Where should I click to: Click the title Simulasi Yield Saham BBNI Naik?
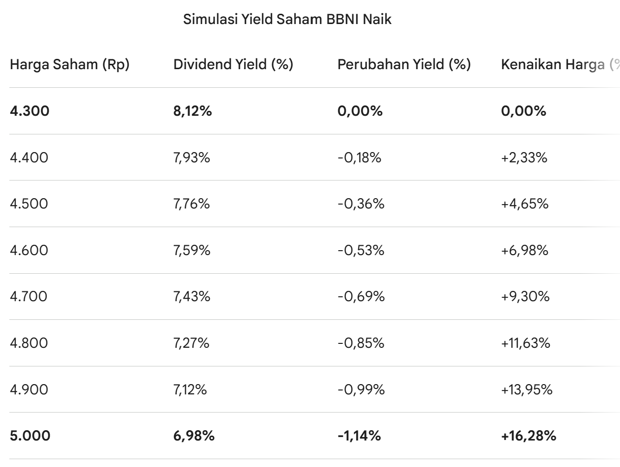(x=287, y=20)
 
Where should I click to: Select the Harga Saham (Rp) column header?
(x=70, y=65)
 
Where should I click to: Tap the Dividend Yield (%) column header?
(x=233, y=65)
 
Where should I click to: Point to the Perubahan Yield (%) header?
(x=404, y=65)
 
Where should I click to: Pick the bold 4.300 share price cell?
(x=29, y=111)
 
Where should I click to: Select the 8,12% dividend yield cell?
(x=193, y=111)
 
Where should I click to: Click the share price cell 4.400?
(x=29, y=158)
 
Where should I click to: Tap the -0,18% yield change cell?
(x=359, y=158)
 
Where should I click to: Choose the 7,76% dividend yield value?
(x=192, y=204)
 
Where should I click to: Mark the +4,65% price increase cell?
(x=525, y=204)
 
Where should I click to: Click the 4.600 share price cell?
(x=29, y=251)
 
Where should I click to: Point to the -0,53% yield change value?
(x=361, y=251)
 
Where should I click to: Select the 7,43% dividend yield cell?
(x=192, y=297)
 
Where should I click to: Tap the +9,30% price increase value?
(x=525, y=297)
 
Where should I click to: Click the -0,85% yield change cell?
(x=361, y=343)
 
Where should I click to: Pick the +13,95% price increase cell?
(x=527, y=390)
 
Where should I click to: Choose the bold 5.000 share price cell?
(x=30, y=436)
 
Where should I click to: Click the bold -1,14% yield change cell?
(x=359, y=436)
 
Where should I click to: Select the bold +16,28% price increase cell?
(x=529, y=436)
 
